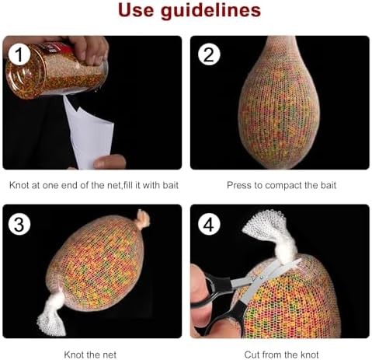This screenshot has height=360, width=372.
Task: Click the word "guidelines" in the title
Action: click(x=210, y=11)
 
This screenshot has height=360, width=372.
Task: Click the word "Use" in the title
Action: click(x=136, y=10)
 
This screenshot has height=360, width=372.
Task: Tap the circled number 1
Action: click(x=19, y=54)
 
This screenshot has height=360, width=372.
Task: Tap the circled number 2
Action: click(x=209, y=54)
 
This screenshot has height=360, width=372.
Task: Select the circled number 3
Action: click(x=19, y=224)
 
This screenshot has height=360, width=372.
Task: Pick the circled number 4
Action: click(x=209, y=224)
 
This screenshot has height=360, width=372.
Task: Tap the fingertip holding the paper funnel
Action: click(x=109, y=162)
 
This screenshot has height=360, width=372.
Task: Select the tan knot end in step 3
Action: click(x=143, y=219)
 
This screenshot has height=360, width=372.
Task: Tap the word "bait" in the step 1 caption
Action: click(x=171, y=185)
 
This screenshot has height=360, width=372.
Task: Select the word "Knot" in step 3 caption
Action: click(x=73, y=355)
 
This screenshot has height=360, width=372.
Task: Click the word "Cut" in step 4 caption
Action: click(x=252, y=355)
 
